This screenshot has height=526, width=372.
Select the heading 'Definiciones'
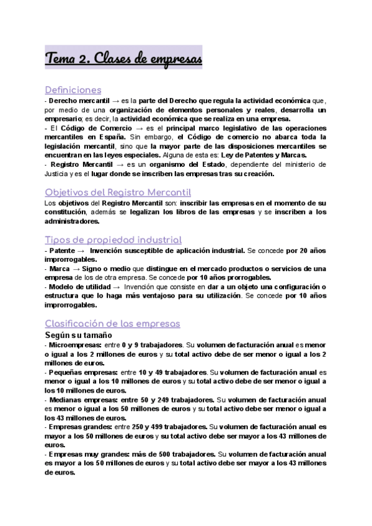[x=74, y=89]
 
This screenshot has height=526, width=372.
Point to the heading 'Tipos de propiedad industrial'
[x=113, y=239]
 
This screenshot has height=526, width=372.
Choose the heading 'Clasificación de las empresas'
[x=112, y=323]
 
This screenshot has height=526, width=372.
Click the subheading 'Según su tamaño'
[x=78, y=335]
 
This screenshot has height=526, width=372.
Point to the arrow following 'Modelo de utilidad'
[x=117, y=287]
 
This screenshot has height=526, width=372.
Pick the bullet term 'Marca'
[x=60, y=269]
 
